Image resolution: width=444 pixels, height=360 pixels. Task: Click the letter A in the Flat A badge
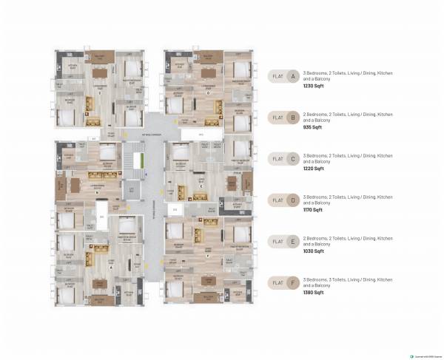tap(293, 75)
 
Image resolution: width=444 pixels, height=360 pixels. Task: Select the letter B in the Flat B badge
tap(293, 117)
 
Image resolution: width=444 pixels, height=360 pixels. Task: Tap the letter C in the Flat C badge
tap(293, 158)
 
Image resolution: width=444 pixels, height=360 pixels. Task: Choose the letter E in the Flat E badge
tap(293, 241)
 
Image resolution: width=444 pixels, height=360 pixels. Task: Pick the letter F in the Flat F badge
tap(293, 282)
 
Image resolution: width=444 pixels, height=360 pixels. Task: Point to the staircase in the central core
tap(133, 160)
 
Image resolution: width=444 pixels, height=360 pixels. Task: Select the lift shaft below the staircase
tap(132, 191)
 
